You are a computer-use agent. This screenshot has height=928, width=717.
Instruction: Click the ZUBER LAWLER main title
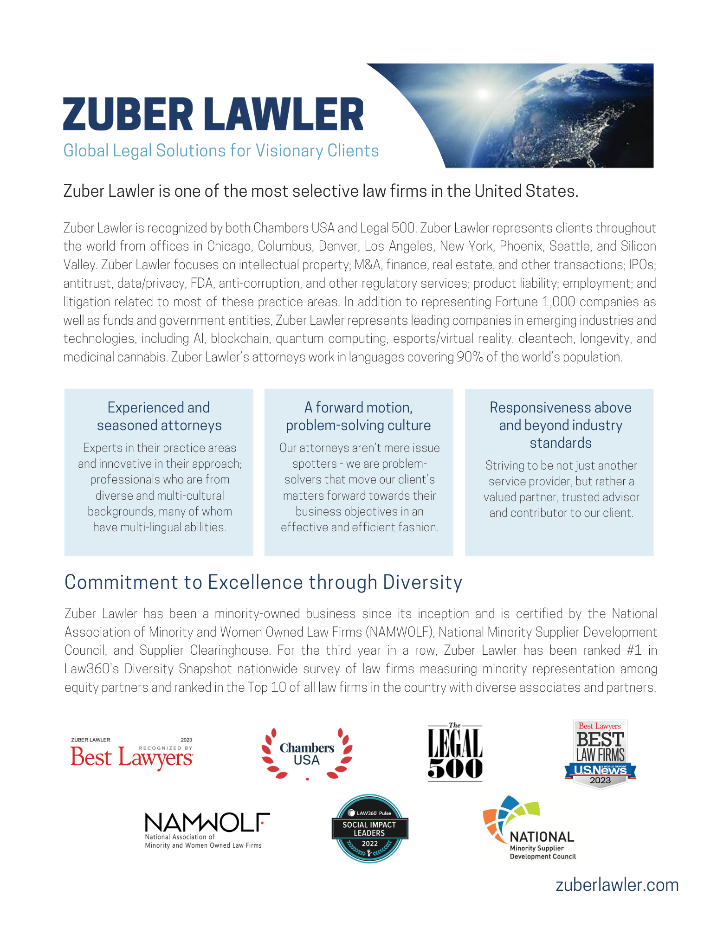point(213,114)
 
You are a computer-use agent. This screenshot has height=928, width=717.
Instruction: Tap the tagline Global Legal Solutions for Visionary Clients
point(221,151)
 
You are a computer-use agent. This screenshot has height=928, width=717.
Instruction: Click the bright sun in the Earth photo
point(483,94)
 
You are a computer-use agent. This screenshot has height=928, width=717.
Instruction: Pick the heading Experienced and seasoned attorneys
point(159,416)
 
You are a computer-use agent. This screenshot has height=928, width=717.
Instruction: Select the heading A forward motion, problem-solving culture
point(358,416)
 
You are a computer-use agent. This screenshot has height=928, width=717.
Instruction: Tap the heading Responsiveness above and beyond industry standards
point(560,425)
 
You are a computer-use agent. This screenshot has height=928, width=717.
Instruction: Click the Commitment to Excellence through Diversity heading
point(263,582)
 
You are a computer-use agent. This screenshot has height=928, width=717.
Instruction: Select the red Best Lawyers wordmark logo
point(132,757)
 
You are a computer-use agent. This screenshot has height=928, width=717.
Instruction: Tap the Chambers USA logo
point(307,754)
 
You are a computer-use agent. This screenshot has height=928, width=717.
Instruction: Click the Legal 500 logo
point(455,753)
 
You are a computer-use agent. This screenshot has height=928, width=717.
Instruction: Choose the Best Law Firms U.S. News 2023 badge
point(600,754)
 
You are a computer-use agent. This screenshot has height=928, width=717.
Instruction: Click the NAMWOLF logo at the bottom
point(207,830)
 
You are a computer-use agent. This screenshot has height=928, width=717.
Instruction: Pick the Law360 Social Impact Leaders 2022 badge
point(369,829)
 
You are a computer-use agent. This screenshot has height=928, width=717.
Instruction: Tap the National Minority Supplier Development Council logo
point(530,829)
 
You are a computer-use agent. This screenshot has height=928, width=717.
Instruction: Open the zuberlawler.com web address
point(617,885)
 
